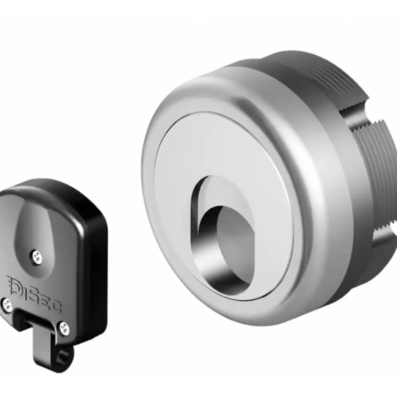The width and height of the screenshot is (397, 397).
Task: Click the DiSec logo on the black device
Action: pos(34,294)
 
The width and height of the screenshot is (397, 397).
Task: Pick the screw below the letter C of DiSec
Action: pos(64,328)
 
